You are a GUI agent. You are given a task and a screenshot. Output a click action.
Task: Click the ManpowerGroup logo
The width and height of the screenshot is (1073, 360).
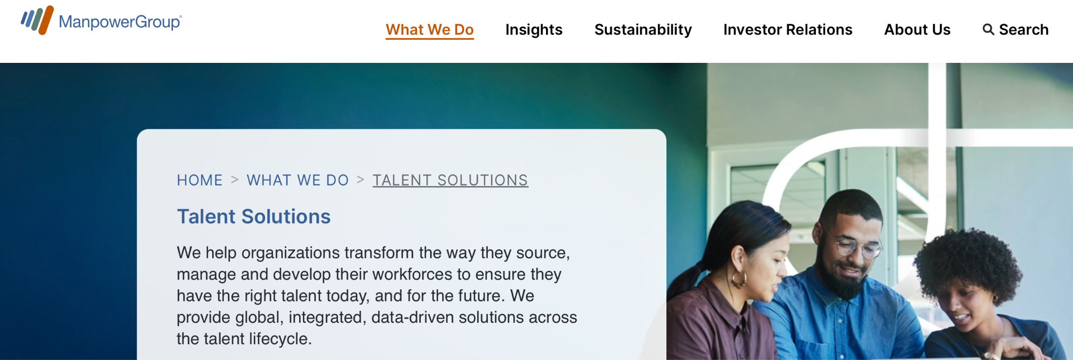pos(101,21)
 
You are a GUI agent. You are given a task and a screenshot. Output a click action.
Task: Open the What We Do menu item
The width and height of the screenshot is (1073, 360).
pos(430,29)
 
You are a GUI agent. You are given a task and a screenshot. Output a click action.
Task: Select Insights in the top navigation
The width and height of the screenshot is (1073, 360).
pos(534,29)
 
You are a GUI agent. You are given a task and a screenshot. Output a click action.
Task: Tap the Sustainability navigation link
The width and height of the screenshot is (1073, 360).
pos(643,29)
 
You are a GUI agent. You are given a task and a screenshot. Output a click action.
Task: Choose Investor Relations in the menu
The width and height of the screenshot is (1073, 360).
pos(787,29)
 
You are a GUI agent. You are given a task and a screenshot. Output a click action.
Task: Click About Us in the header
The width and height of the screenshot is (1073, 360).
pos(917,29)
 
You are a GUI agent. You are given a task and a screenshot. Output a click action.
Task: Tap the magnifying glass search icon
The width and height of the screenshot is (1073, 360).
pos(988,29)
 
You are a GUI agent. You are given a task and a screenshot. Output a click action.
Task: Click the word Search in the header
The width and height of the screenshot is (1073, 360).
pos(1024,29)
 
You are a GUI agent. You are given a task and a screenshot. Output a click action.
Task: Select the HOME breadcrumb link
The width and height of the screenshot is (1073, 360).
pos(200,180)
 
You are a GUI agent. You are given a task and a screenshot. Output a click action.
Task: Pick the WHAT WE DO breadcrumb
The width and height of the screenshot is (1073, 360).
pos(298,180)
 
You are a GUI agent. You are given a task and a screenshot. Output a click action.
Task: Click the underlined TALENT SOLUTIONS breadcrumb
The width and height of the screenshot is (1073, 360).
pos(450,180)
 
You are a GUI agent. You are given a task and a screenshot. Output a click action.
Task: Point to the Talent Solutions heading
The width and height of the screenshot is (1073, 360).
pos(254,216)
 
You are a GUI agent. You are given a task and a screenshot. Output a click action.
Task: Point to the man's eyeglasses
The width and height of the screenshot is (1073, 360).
pos(857,247)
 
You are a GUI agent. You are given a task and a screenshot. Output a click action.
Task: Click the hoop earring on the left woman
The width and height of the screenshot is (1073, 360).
pos(739,280)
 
